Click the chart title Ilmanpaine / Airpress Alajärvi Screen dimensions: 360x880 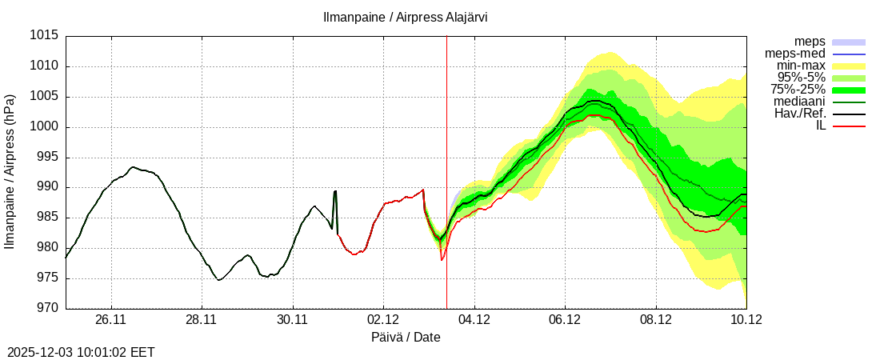(x=405, y=18)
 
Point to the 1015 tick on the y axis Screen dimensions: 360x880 (x=44, y=36)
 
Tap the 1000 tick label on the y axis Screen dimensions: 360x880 (x=44, y=127)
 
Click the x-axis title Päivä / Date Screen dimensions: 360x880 (x=406, y=338)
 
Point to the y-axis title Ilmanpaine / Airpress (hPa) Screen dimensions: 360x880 (x=10, y=172)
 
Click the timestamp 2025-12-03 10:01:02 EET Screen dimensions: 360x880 (x=81, y=352)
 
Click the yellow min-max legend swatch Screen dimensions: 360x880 (x=849, y=66)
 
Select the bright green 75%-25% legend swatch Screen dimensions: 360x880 (x=849, y=90)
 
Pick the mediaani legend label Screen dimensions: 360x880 (x=799, y=102)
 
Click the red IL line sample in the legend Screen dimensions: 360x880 (x=849, y=126)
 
